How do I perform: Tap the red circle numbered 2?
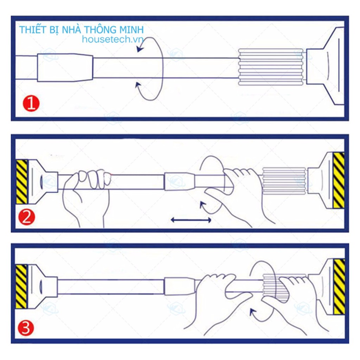click(x=27, y=217)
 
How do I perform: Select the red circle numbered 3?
click(x=26, y=328)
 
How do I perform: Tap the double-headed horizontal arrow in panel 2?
click(x=191, y=220)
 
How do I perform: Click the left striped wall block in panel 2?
click(x=22, y=182)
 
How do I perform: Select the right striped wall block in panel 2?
click(x=339, y=180)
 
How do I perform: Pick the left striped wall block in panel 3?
click(x=21, y=287)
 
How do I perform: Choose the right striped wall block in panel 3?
click(x=339, y=287)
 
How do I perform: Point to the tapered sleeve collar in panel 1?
click(x=65, y=67)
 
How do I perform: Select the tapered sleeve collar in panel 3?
click(x=180, y=287)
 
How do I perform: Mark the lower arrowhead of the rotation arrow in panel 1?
click(x=138, y=86)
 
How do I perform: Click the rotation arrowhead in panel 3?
click(x=253, y=312)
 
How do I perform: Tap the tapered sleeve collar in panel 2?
click(x=180, y=181)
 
